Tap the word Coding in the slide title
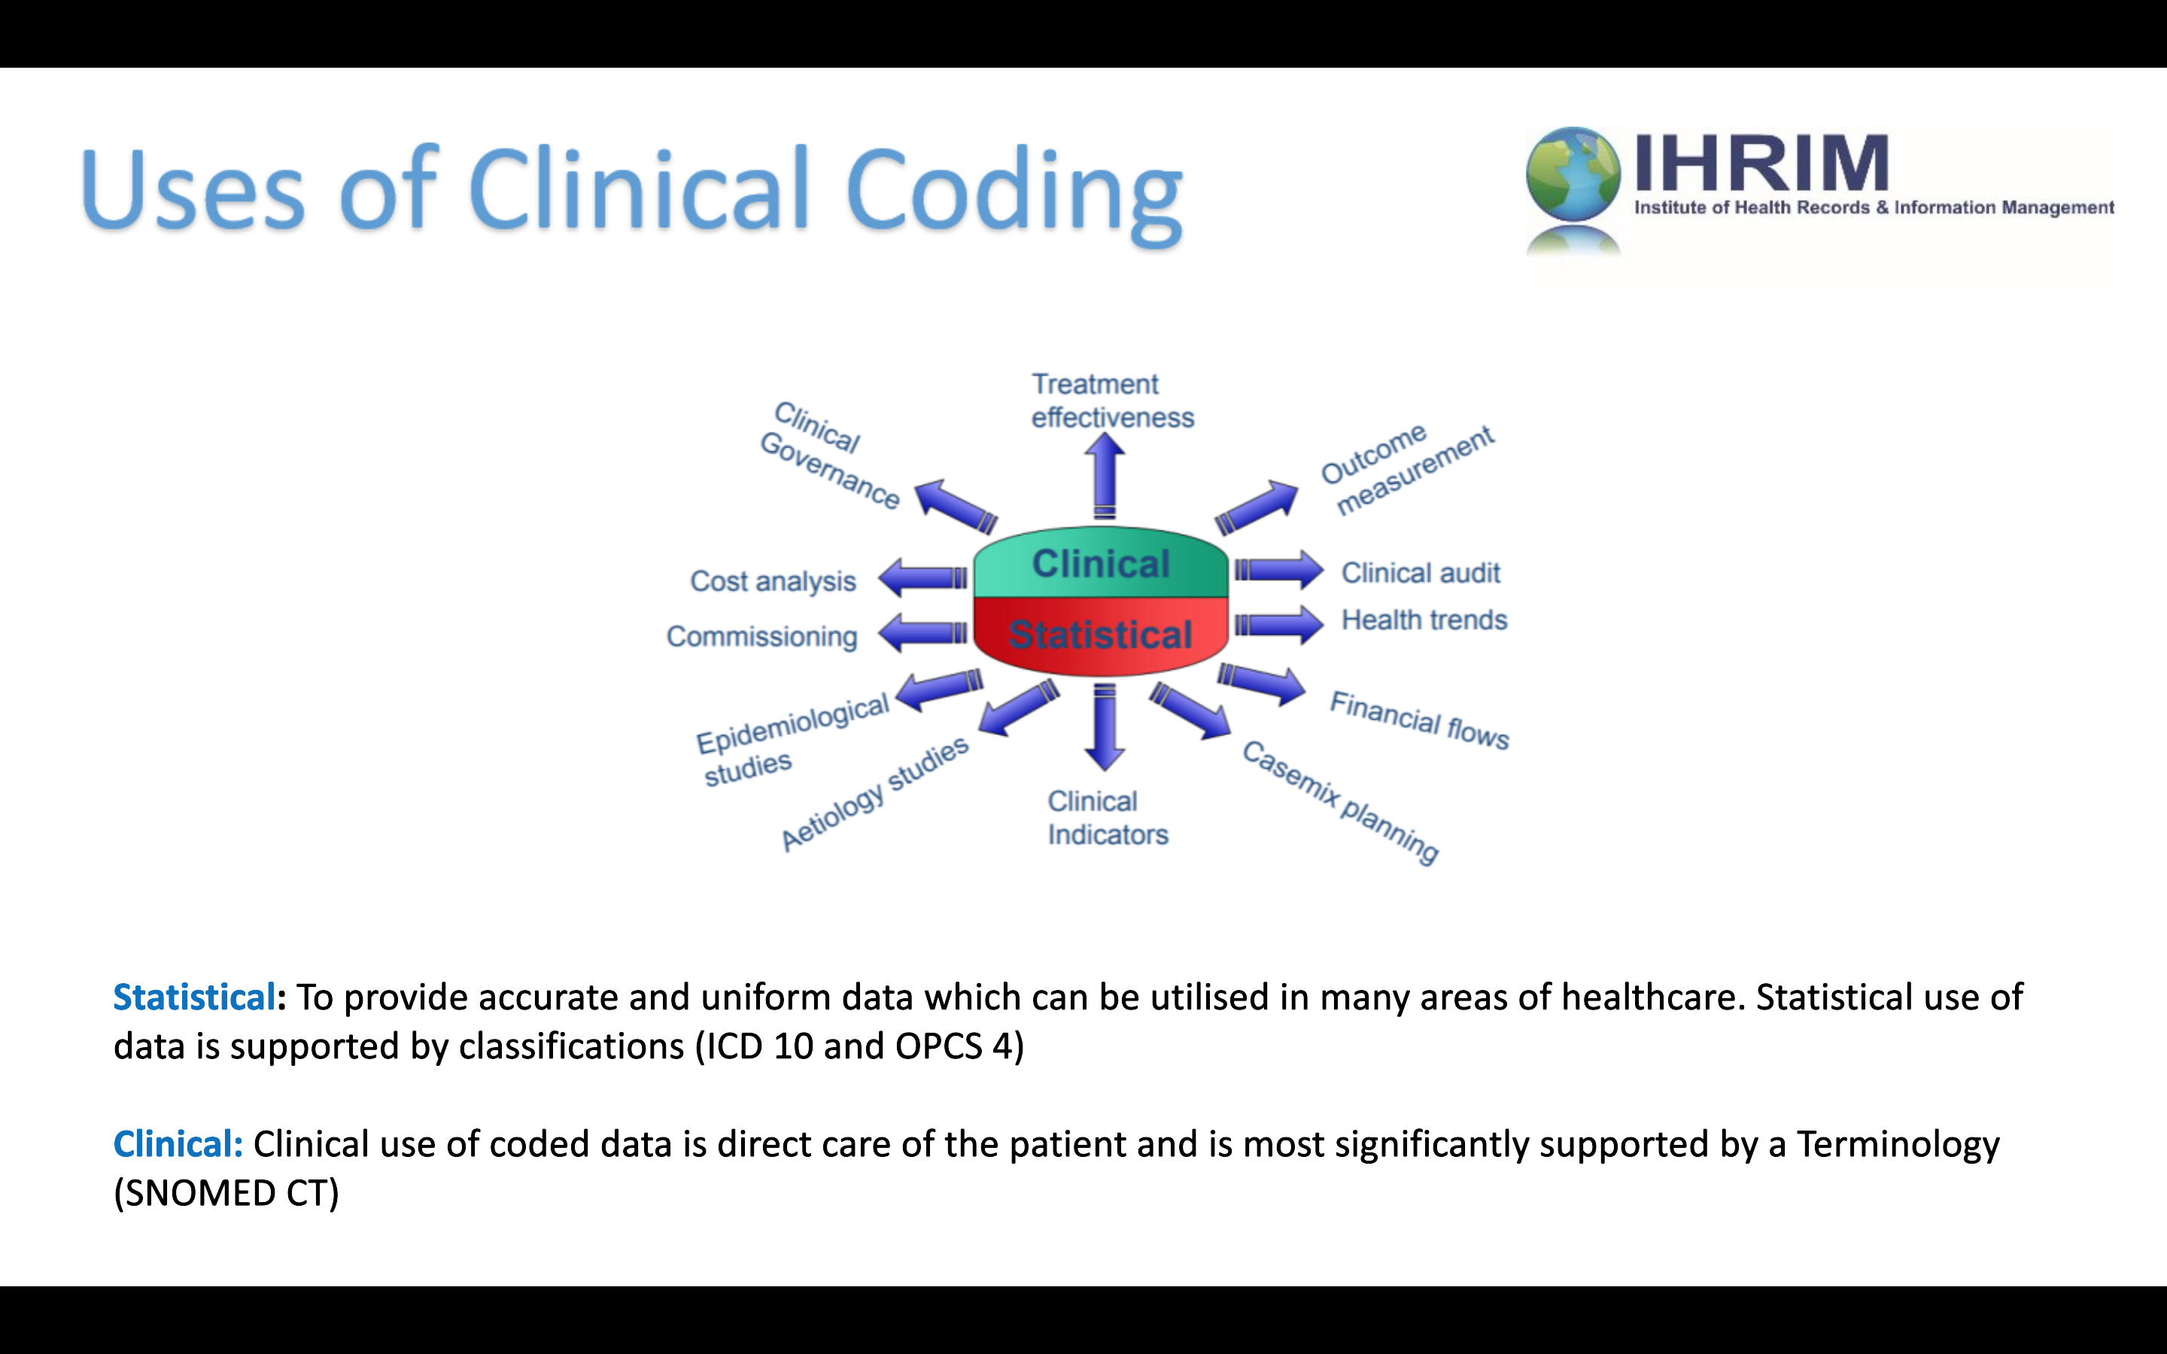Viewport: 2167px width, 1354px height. (1014, 193)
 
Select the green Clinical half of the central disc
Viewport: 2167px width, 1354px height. (1101, 563)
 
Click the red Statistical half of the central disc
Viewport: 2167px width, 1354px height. (1101, 635)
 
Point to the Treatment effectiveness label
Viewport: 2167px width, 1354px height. (1112, 400)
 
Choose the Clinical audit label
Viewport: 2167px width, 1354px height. (1420, 572)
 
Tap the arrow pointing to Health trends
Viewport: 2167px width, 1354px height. (1278, 624)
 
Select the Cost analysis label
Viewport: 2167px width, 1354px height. (773, 581)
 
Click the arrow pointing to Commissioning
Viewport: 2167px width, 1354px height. (922, 633)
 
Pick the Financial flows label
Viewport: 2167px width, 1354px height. (1419, 720)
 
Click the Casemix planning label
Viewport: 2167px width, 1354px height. (1341, 801)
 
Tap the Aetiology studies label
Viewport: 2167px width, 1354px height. (875, 794)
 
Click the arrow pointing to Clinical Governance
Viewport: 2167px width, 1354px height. (956, 506)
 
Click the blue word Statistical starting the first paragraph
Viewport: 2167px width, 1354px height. (193, 997)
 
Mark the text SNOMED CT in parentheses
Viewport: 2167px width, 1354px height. (226, 1193)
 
